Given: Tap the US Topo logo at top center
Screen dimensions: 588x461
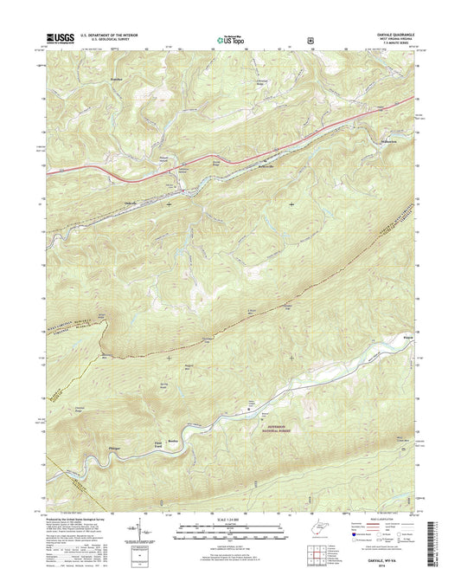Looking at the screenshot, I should pos(228,39).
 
